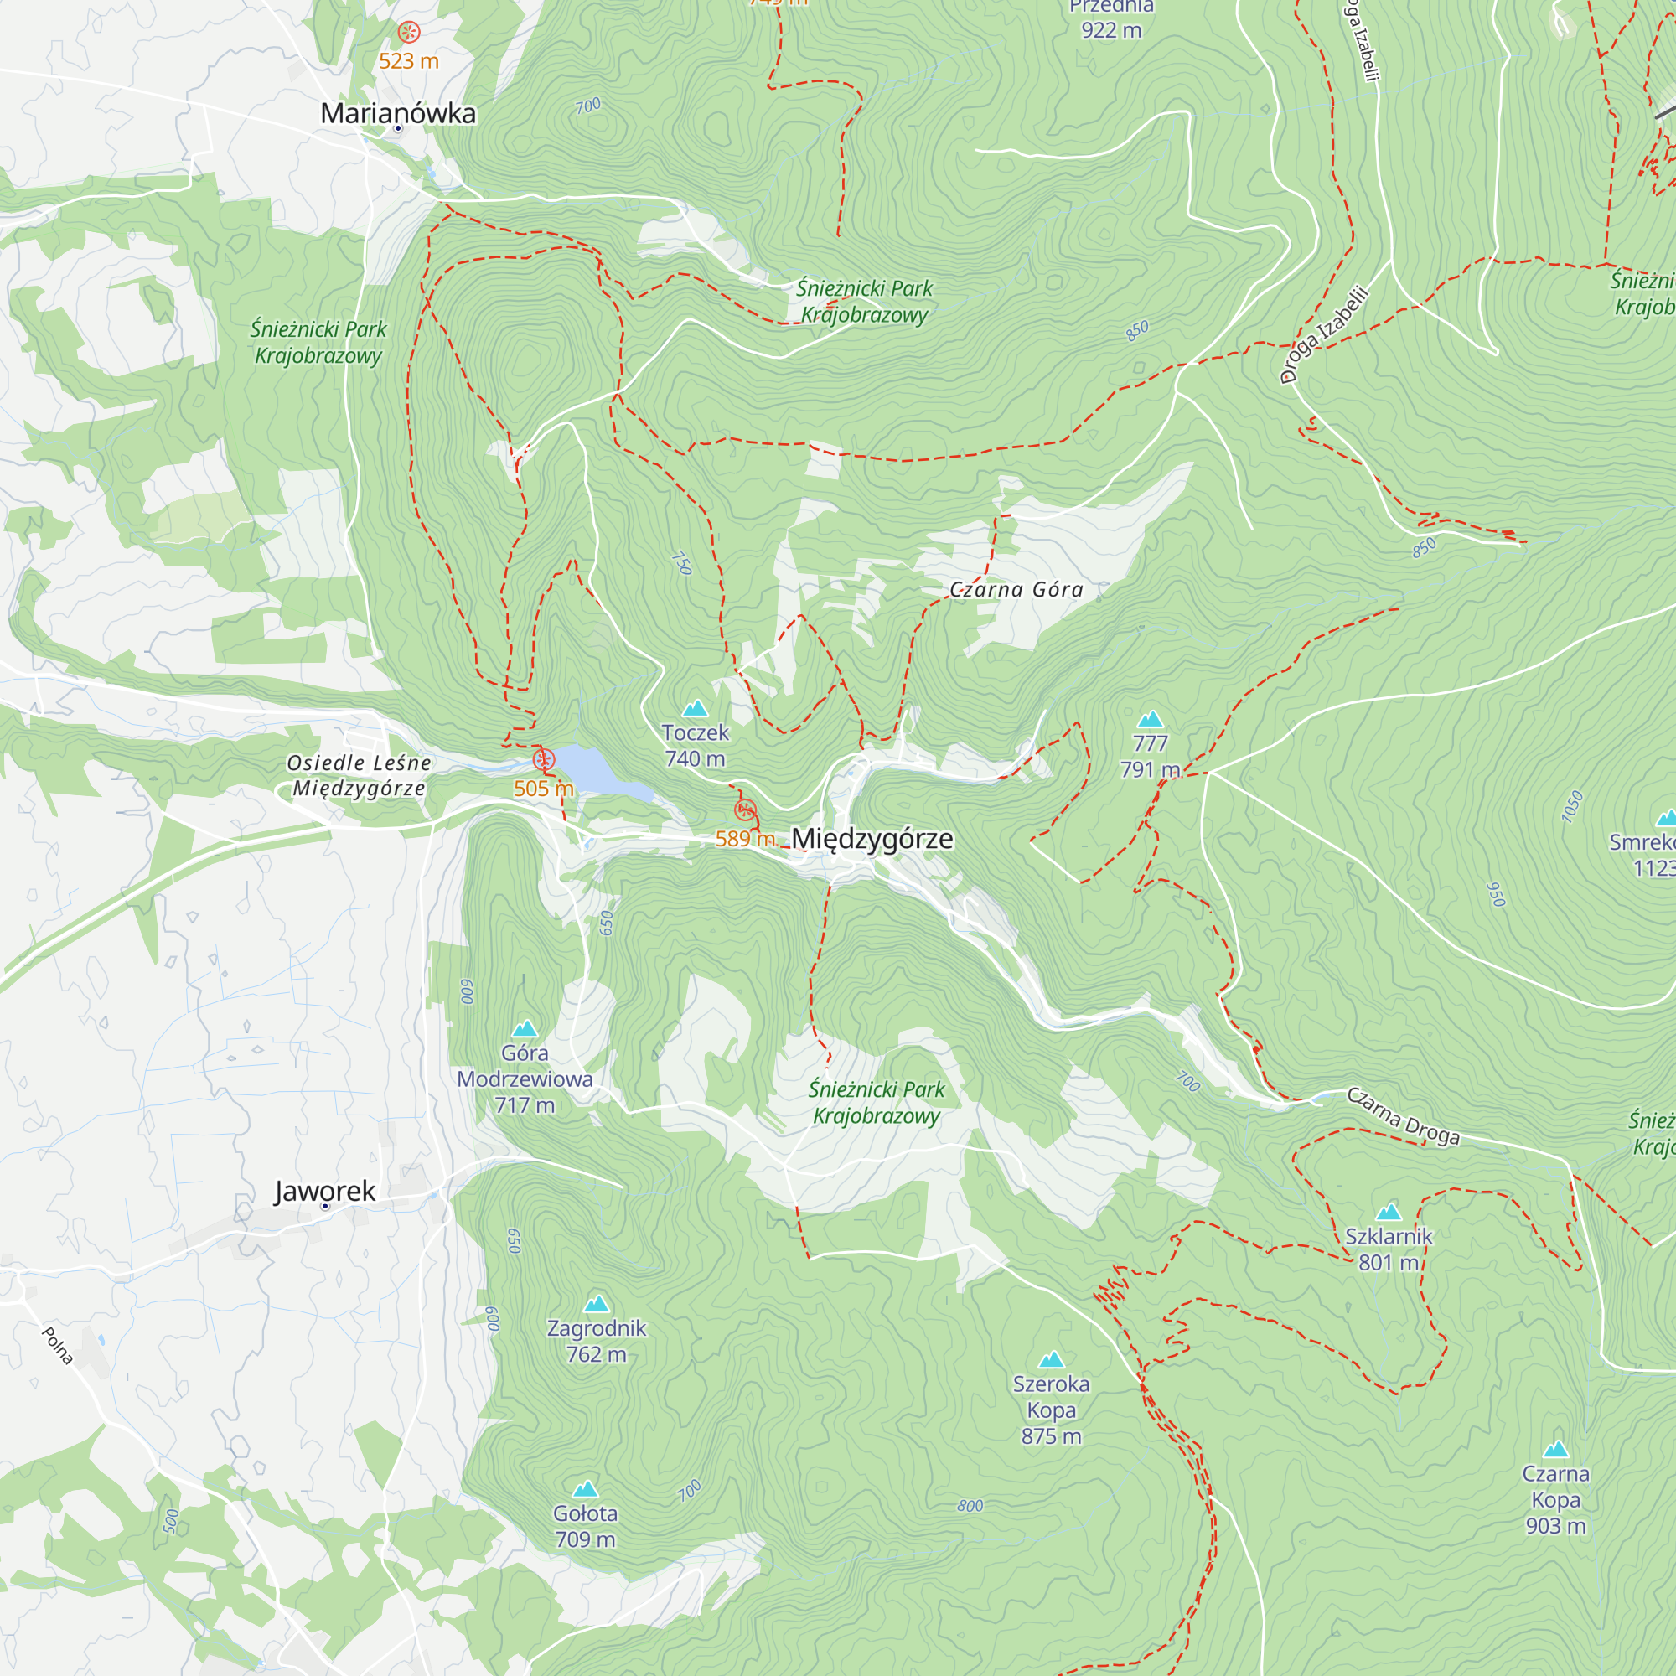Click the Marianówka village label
(x=398, y=114)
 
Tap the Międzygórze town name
(x=872, y=839)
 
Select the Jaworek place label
(x=325, y=1191)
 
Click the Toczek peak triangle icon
(x=695, y=709)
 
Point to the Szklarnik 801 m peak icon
(x=1388, y=1213)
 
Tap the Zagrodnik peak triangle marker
(x=597, y=1304)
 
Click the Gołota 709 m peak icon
(x=586, y=1488)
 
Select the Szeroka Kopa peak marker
(x=1052, y=1359)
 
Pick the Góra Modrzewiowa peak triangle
(x=525, y=1029)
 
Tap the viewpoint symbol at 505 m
(x=544, y=761)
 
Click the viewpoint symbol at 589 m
(x=745, y=811)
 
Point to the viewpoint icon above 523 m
(x=409, y=33)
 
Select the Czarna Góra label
(x=1016, y=590)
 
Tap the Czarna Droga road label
(x=1403, y=1115)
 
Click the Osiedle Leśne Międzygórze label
(x=360, y=775)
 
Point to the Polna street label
(x=57, y=1346)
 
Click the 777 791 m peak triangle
(x=1151, y=719)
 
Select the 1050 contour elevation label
(x=1572, y=806)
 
